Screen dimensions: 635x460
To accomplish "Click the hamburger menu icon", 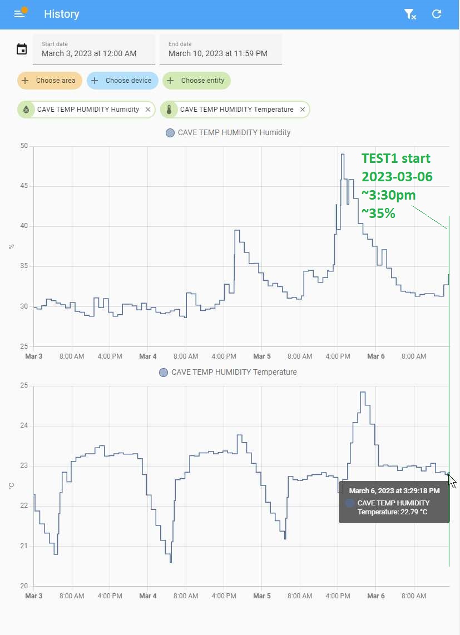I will pos(19,14).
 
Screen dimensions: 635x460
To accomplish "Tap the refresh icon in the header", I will pos(437,14).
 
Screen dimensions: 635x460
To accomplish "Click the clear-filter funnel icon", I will pos(410,14).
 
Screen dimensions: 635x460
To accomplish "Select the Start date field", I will pos(93,49).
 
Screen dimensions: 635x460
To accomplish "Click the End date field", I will pos(220,49).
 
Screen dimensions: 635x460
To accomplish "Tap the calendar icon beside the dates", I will pos(22,49).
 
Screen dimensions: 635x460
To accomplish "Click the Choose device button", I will pos(122,81).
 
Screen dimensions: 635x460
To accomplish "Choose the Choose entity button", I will pos(196,81).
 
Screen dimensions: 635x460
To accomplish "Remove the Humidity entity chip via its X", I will pos(148,110).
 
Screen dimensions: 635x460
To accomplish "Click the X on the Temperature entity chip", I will pos(303,110).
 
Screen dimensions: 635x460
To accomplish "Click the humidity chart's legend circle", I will pos(170,133).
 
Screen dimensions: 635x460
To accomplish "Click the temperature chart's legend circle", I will pos(164,373).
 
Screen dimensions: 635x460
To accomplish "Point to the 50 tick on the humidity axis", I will pos(24,146).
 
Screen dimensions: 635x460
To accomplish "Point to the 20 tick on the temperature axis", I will pos(24,586).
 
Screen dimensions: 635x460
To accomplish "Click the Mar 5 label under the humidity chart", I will pos(261,356).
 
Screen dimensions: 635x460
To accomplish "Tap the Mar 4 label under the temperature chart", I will pos(147,596).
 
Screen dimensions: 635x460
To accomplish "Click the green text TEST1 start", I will pos(395,158).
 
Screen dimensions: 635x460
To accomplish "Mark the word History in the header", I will pos(62,14).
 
